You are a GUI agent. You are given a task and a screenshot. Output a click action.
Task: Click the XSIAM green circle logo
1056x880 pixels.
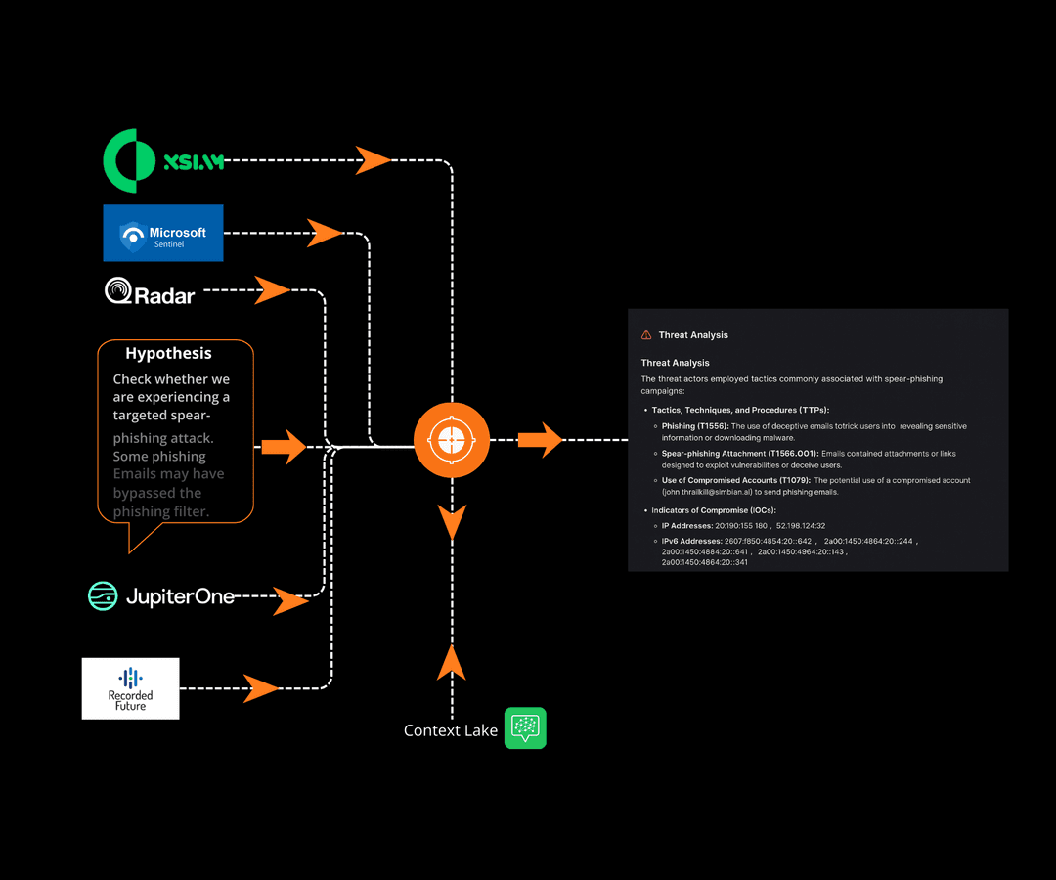(129, 160)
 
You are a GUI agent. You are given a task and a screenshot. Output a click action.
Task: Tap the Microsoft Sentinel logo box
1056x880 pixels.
(163, 233)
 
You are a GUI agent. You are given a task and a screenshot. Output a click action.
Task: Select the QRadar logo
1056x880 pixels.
(150, 291)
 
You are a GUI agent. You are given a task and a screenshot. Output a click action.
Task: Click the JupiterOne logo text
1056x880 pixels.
(179, 595)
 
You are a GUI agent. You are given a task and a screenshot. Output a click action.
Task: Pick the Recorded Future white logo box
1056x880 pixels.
(130, 688)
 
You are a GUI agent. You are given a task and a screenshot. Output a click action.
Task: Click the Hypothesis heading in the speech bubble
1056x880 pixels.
(168, 354)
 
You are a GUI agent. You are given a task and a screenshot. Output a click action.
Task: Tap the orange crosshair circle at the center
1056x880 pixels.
(451, 440)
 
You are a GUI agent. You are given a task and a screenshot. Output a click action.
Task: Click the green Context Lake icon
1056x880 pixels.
(525, 728)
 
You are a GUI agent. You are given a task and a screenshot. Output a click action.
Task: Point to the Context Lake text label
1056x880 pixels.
(451, 730)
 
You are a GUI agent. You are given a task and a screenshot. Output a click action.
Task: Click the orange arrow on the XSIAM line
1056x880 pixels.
(373, 159)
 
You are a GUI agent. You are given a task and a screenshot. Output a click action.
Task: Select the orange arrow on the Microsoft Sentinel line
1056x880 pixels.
(325, 233)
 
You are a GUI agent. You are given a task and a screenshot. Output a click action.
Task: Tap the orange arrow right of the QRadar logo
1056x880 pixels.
(272, 289)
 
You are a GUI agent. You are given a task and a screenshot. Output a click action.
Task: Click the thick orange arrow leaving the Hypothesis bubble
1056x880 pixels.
(284, 446)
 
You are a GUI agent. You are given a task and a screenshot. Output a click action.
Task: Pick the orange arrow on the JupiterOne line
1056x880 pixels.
(290, 600)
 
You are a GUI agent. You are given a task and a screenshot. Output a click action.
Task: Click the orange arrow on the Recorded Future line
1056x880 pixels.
(261, 688)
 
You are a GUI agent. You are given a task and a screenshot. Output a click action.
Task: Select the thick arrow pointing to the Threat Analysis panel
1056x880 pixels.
(540, 440)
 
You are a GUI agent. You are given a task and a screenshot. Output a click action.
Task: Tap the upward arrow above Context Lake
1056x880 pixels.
(451, 662)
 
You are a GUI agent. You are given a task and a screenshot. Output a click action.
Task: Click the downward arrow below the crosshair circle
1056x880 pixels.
(451, 523)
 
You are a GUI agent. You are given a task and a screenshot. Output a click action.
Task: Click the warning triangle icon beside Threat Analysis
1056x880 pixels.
(646, 335)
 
